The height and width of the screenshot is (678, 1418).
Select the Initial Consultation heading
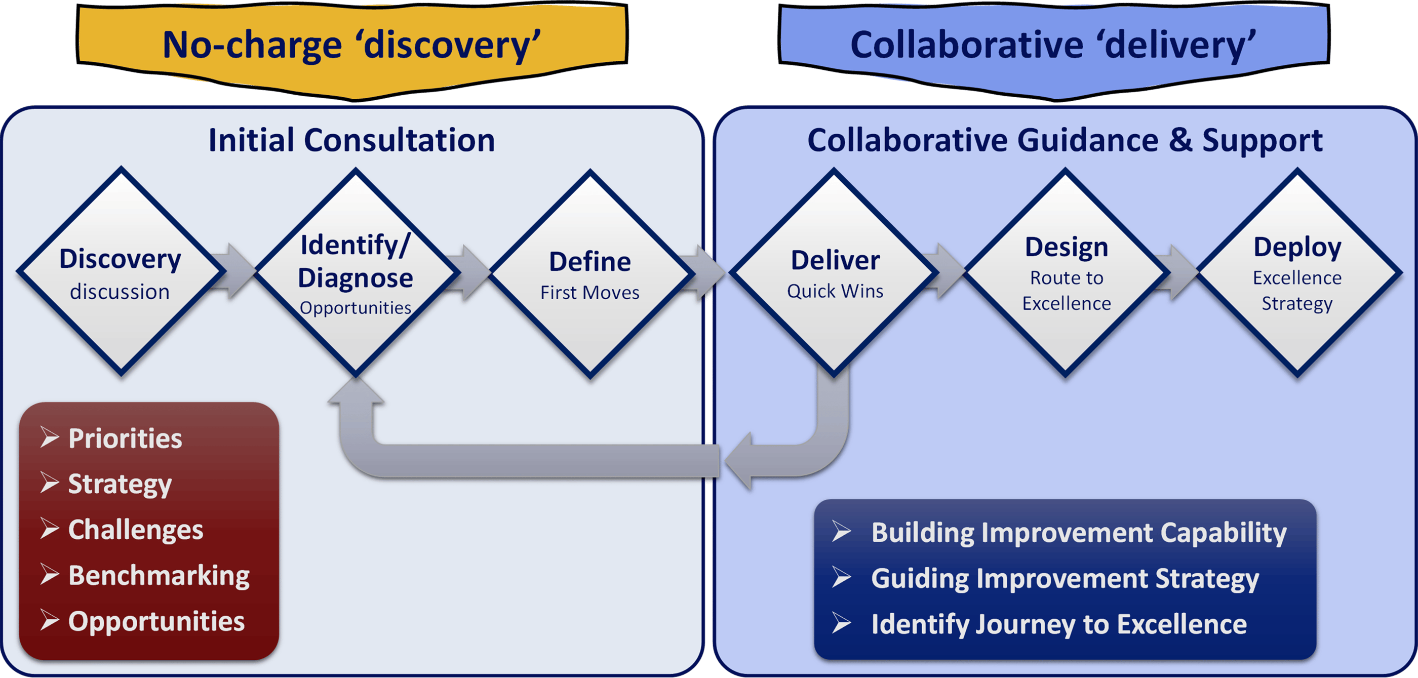[351, 140]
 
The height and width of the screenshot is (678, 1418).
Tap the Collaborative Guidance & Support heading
[1065, 140]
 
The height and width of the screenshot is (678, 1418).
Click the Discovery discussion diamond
[121, 272]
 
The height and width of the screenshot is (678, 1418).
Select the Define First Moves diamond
[590, 274]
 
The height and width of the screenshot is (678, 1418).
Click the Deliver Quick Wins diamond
[835, 273]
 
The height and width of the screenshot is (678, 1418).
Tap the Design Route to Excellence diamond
[1066, 273]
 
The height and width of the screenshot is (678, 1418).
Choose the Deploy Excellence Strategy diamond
[1297, 273]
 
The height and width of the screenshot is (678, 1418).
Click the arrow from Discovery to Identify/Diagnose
[234, 271]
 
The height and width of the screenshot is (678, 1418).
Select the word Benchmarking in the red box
[159, 576]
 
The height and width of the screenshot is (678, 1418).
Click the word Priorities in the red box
[125, 438]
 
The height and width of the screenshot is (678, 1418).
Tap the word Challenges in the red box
[135, 530]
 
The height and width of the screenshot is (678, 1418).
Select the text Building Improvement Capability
[1078, 533]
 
